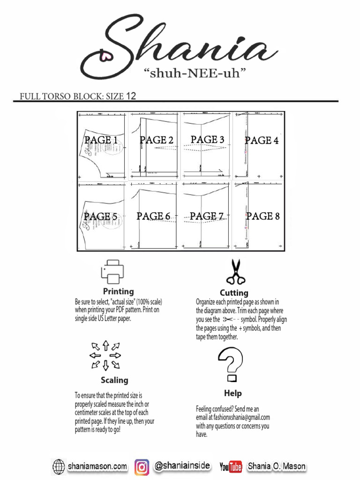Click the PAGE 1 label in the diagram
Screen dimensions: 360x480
click(101, 140)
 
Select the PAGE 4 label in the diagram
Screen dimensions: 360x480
click(262, 140)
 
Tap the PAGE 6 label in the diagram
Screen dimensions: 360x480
click(153, 216)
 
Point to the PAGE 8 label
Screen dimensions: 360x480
click(262, 216)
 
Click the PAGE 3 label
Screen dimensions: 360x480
click(207, 140)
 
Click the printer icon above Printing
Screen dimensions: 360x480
click(112, 272)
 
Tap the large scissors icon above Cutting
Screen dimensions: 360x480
click(236, 272)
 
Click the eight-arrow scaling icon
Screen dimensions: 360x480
click(105, 355)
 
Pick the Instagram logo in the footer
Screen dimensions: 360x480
click(142, 467)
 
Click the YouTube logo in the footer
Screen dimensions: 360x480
click(231, 467)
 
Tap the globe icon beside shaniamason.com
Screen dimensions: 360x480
click(59, 467)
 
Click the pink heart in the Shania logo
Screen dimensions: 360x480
click(105, 57)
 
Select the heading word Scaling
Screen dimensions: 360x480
click(114, 380)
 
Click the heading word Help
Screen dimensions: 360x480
click(233, 393)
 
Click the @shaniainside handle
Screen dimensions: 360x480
click(182, 466)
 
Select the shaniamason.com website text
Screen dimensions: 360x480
click(97, 466)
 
